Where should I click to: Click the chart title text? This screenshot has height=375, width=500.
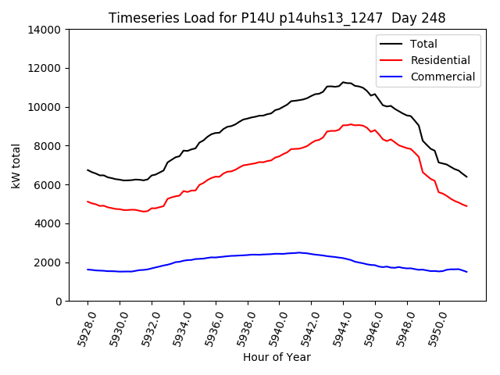pos(277,18)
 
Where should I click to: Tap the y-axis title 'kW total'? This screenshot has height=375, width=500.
pos(16,166)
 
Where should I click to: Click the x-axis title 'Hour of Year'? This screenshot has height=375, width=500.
pos(277,357)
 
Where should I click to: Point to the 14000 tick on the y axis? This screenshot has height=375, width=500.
pos(45,30)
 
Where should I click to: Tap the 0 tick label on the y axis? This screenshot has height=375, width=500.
pos(59,302)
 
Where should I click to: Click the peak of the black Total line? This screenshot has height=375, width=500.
pos(342,82)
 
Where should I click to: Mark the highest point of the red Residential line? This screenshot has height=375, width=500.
pos(351,124)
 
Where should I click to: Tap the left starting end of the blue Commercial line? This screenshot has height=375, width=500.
pos(87,270)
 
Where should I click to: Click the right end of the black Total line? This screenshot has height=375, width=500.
pos(466,177)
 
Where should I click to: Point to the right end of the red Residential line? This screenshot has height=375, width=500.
pos(466,206)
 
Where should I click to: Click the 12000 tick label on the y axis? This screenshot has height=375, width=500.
pos(45,68)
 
